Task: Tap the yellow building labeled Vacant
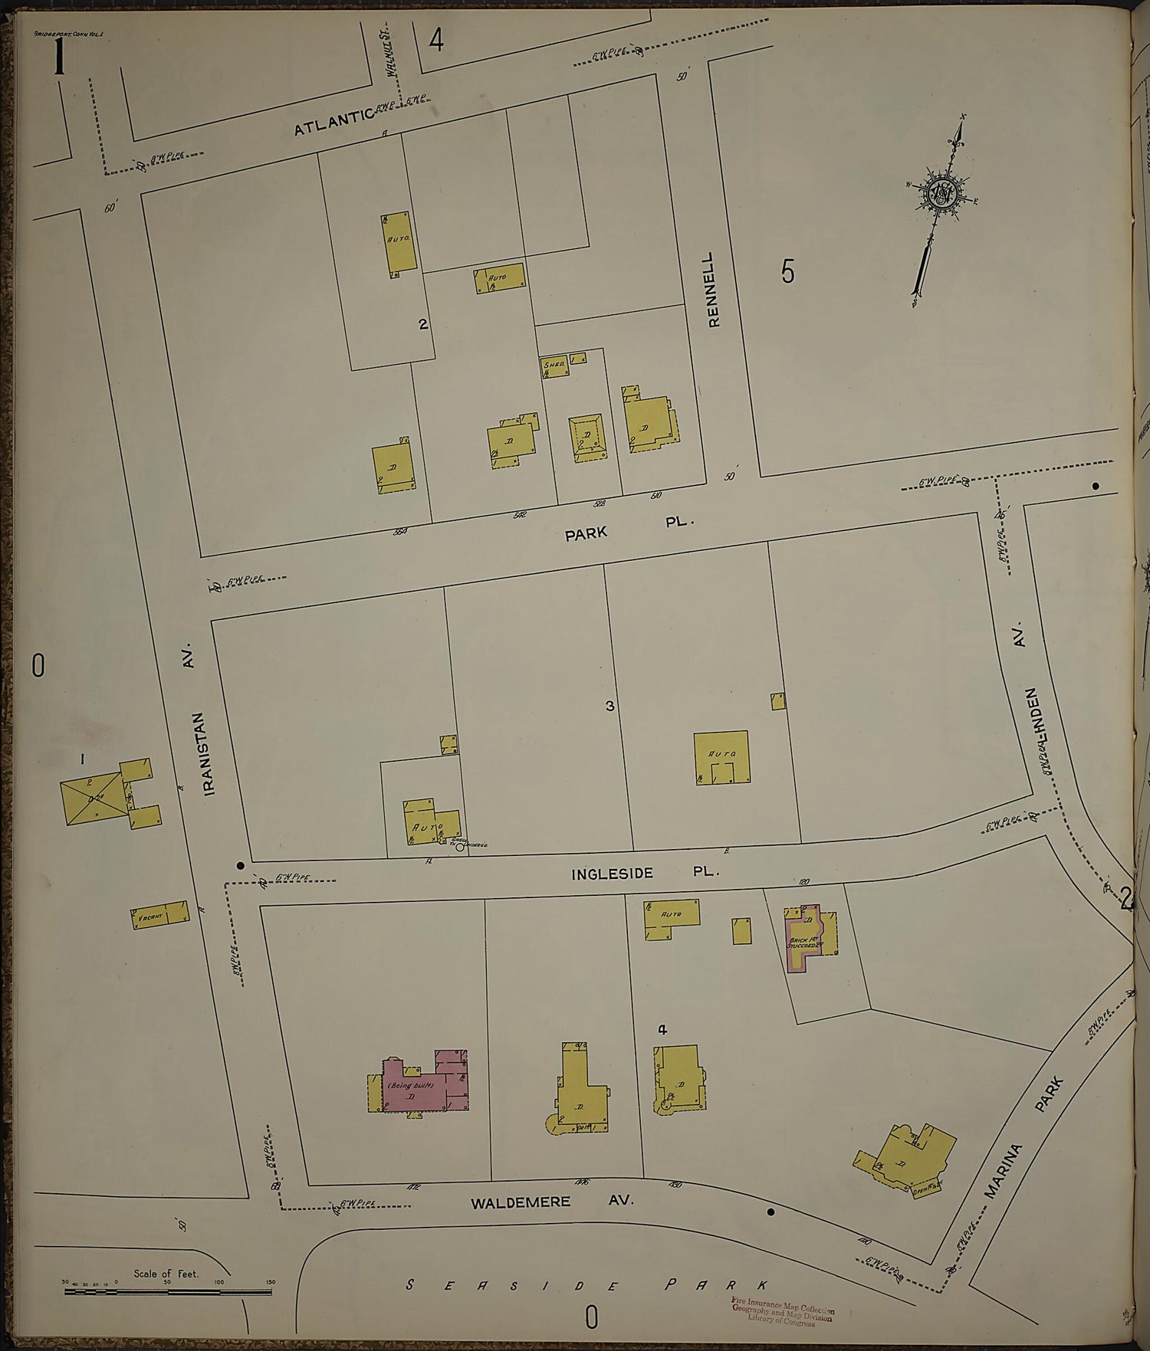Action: (x=159, y=915)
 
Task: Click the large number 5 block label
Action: (x=787, y=271)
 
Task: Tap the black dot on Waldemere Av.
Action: (x=770, y=1212)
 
